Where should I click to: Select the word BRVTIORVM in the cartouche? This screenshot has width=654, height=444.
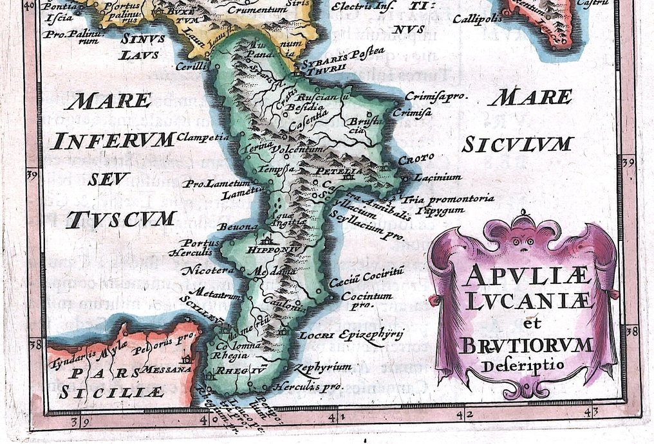(527, 346)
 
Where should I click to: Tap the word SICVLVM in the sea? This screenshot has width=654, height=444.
(517, 144)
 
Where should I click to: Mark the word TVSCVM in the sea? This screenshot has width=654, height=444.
(121, 219)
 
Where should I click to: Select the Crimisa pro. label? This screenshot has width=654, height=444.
(435, 96)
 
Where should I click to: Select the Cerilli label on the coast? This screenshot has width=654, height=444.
(192, 66)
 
